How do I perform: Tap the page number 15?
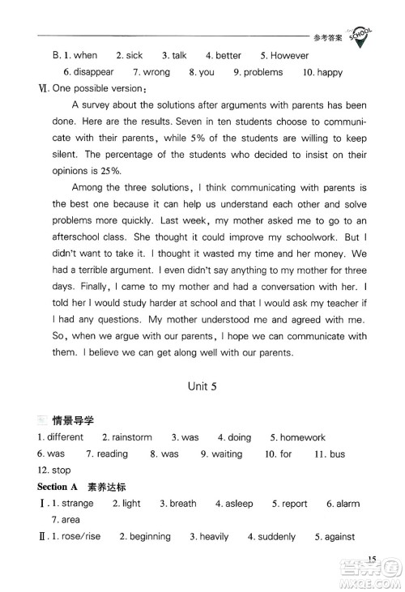(372, 559)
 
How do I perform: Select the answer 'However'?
(289, 56)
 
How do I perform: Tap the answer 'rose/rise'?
(84, 536)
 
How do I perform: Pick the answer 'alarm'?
(348, 503)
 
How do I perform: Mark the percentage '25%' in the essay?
(109, 170)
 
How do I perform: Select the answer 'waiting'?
(227, 454)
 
